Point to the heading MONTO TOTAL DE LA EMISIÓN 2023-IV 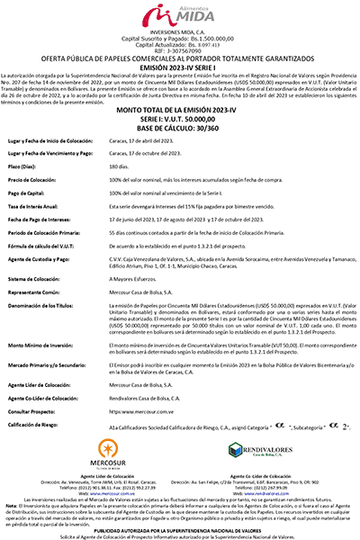[x=180, y=108]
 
